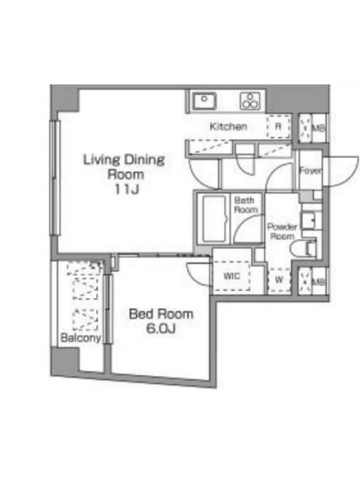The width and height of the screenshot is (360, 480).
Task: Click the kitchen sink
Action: (x=205, y=101)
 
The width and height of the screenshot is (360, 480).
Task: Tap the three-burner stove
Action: (x=250, y=101)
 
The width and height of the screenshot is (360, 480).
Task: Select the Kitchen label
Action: (x=229, y=127)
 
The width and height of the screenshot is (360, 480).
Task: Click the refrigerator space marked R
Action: (x=278, y=127)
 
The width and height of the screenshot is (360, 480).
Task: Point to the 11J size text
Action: (x=127, y=190)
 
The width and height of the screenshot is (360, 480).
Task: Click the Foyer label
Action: (x=310, y=170)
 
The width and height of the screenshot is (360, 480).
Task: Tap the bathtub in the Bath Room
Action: (x=215, y=218)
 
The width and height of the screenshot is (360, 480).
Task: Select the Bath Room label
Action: (x=246, y=205)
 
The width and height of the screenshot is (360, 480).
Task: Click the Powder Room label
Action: (x=282, y=232)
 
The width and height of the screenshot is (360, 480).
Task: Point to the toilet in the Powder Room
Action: (x=304, y=248)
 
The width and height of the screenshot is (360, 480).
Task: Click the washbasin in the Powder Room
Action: (x=308, y=220)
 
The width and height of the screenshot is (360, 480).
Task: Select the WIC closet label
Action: (x=232, y=276)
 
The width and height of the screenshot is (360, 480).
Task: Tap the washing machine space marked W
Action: (x=279, y=280)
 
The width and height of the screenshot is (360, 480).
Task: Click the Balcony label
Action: (x=80, y=338)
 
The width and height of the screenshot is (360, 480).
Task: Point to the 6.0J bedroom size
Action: (x=160, y=329)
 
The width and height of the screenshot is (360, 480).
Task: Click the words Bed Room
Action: (x=161, y=314)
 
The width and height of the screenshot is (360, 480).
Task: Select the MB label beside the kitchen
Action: (x=318, y=128)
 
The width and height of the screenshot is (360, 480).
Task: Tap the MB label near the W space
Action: (x=318, y=281)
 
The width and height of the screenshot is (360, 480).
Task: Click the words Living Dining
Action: (x=124, y=160)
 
